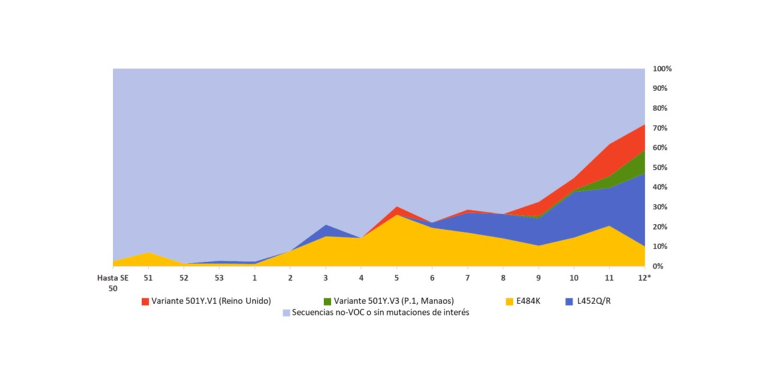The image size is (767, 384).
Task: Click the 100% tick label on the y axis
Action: point(663,69)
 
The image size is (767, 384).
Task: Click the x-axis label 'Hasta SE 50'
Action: point(109,283)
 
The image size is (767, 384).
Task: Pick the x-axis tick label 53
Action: point(219,278)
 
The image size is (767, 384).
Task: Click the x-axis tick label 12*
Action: point(644,278)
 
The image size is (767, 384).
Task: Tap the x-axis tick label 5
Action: point(396,278)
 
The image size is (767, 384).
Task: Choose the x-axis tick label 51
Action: point(148,278)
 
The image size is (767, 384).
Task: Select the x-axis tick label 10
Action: point(573,278)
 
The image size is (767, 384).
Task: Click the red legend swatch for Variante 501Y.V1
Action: point(145,301)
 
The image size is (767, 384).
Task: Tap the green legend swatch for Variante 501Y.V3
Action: point(327,301)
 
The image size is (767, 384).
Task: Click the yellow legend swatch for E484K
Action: point(510,301)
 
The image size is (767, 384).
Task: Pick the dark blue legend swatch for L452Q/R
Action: point(569,301)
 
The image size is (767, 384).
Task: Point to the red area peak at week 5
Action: point(396,211)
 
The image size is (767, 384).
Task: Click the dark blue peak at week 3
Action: point(325,230)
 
